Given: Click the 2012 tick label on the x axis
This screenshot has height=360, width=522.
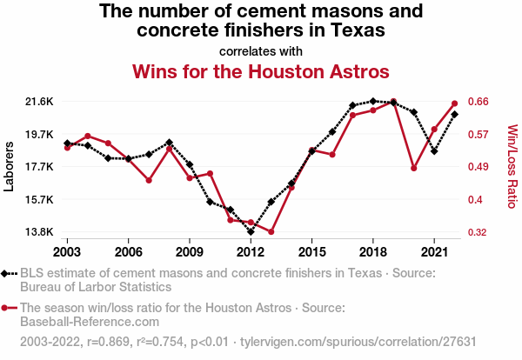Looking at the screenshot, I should (x=251, y=252).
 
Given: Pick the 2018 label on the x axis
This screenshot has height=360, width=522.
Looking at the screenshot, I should (x=372, y=252).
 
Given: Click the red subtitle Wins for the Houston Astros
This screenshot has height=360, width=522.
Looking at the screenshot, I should (x=260, y=70).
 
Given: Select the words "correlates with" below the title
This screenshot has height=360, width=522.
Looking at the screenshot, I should (x=260, y=50).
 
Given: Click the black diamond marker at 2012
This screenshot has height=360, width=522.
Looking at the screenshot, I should (x=251, y=232).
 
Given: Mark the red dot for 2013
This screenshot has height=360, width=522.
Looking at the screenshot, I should (x=271, y=232).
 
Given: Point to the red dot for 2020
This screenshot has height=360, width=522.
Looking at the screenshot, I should (x=414, y=168).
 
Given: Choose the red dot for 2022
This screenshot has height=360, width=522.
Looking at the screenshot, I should (x=455, y=103).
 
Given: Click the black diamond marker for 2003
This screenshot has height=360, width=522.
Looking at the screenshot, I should (x=67, y=143).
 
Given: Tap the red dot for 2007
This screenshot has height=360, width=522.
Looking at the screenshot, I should (x=149, y=181).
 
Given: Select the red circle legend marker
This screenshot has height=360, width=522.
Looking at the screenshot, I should (x=8, y=307).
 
